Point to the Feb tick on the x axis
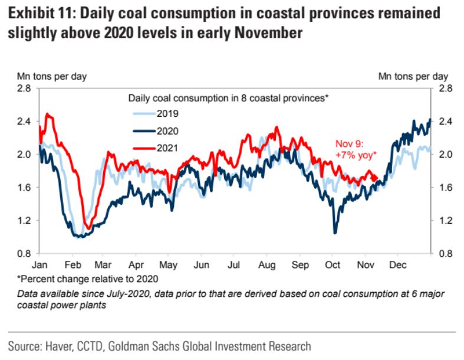tap(74, 265)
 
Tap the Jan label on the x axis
tap(41, 265)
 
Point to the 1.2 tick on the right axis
tap(445, 221)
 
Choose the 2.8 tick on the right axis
tap(445, 89)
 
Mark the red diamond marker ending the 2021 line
tap(374, 178)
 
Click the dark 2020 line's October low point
tap(335, 231)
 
